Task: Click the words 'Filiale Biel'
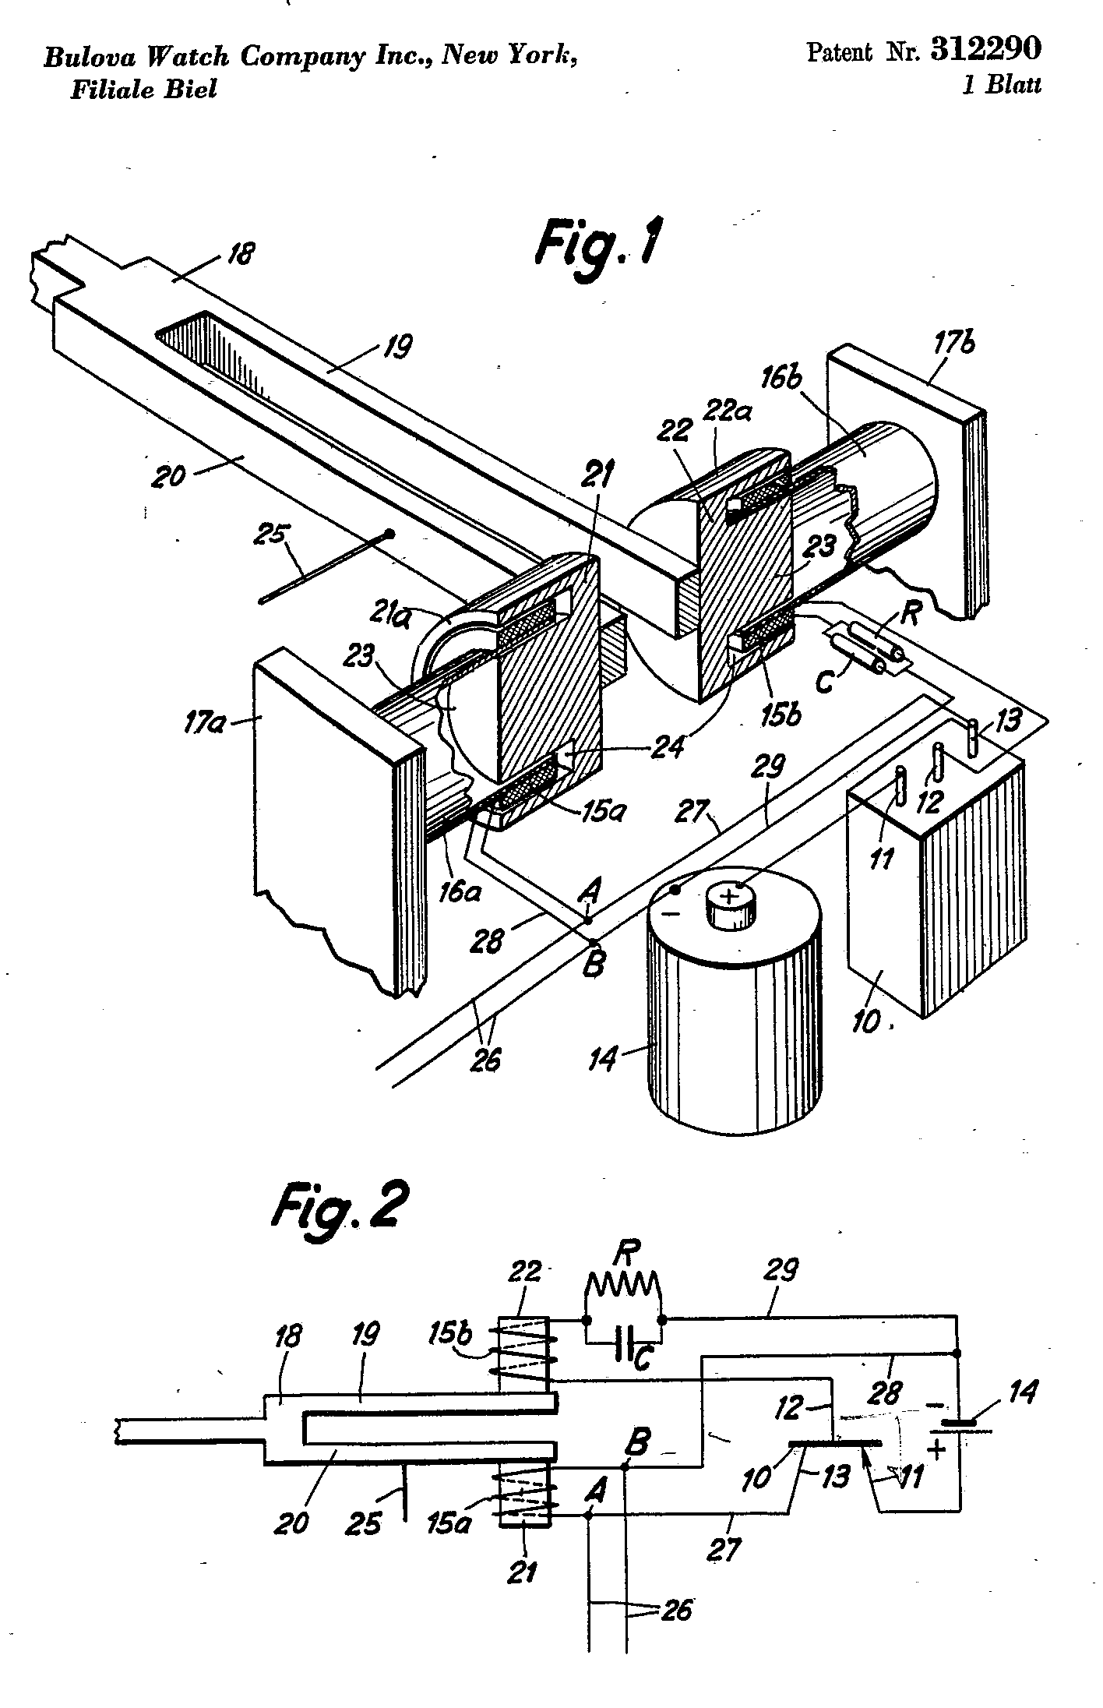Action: click(x=143, y=89)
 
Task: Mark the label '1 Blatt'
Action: click(x=1001, y=85)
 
